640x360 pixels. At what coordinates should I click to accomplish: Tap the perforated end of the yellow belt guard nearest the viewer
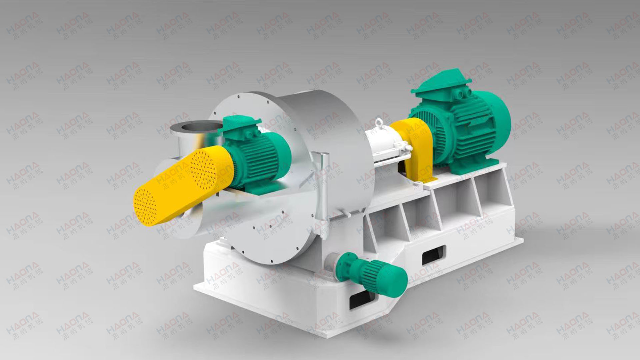tap(145, 205)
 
